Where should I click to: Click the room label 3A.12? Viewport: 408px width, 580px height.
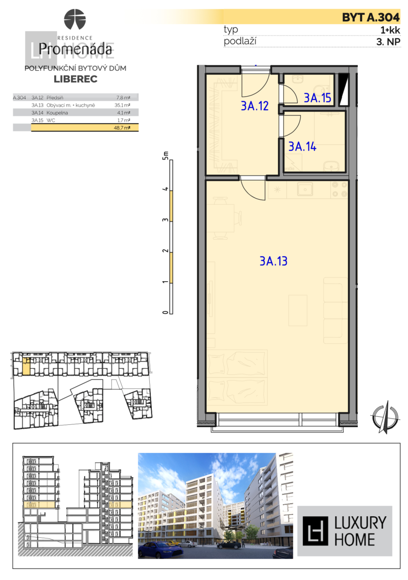pos(254,106)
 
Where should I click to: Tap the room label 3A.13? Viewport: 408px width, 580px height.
pos(274,261)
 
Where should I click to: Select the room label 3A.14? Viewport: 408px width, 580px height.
pos(302,147)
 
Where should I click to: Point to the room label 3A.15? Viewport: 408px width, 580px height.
pos(318,98)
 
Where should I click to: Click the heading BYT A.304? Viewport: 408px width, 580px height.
pos(371,17)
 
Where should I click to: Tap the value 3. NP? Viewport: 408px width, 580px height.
pos(388,42)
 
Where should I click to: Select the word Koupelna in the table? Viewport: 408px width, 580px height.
pos(57,112)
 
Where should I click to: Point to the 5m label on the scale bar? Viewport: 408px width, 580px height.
pos(166,155)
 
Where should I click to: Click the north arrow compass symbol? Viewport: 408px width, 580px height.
pos(385,416)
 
